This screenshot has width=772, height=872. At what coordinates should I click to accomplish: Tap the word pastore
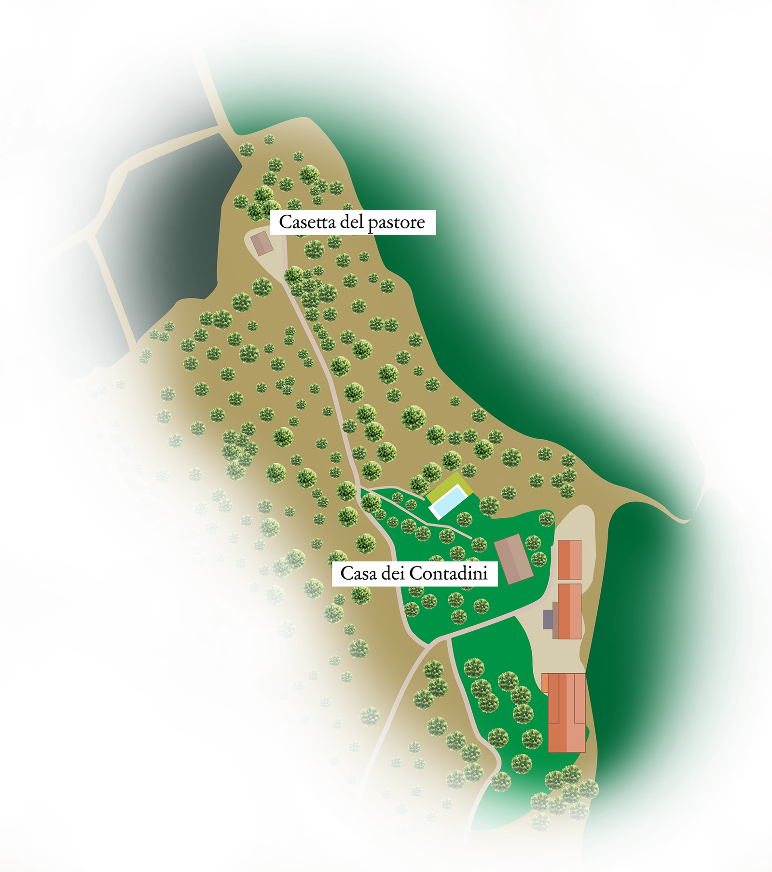pyautogui.click(x=396, y=223)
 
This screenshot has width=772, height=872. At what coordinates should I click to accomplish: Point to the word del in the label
pyautogui.click(x=353, y=222)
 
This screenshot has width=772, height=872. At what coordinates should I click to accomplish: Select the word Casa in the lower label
pyautogui.click(x=358, y=573)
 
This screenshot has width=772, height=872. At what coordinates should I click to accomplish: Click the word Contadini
pyautogui.click(x=448, y=573)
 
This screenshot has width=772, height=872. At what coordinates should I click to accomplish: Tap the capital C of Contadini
pyautogui.click(x=414, y=573)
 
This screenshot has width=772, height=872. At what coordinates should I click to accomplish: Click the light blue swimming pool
pyautogui.click(x=447, y=501)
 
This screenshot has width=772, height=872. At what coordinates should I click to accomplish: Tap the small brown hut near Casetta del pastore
pyautogui.click(x=262, y=243)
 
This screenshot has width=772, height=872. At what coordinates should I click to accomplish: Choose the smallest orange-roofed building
pyautogui.click(x=569, y=560)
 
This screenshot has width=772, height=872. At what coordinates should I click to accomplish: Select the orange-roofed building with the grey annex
pyautogui.click(x=569, y=611)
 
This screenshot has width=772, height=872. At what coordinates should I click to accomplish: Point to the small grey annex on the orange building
pyautogui.click(x=548, y=619)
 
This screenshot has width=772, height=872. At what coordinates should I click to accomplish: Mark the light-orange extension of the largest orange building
pyautogui.click(x=545, y=683)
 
